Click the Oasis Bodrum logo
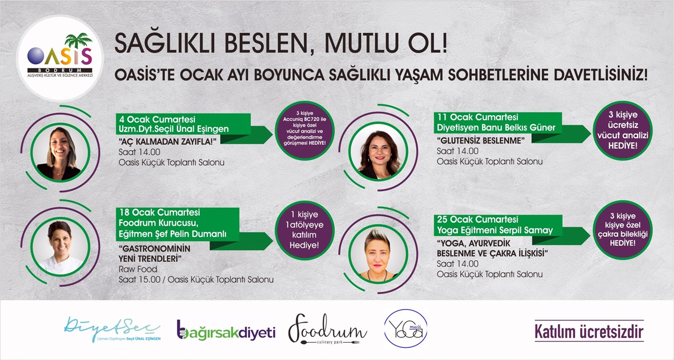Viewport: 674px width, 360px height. click(x=60, y=58)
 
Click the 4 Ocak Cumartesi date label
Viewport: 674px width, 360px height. click(x=157, y=119)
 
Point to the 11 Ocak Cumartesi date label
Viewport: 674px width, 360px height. click(x=478, y=117)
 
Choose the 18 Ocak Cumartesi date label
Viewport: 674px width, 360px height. click(x=160, y=212)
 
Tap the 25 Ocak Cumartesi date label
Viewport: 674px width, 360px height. click(x=478, y=219)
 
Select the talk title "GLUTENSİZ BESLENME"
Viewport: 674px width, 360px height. click(x=481, y=141)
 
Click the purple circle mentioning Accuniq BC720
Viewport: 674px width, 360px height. click(x=304, y=130)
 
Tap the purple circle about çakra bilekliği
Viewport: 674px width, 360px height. click(x=622, y=230)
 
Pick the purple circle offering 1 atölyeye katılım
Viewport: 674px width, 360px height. click(x=304, y=230)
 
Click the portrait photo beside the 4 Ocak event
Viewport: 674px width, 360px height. click(x=60, y=153)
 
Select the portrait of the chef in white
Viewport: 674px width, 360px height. click(x=60, y=247)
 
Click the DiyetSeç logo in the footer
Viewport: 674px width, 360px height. click(x=112, y=329)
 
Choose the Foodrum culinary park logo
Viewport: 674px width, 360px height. click(x=328, y=329)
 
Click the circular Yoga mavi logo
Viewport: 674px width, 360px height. click(x=405, y=329)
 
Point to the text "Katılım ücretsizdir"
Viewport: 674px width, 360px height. click(x=589, y=331)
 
